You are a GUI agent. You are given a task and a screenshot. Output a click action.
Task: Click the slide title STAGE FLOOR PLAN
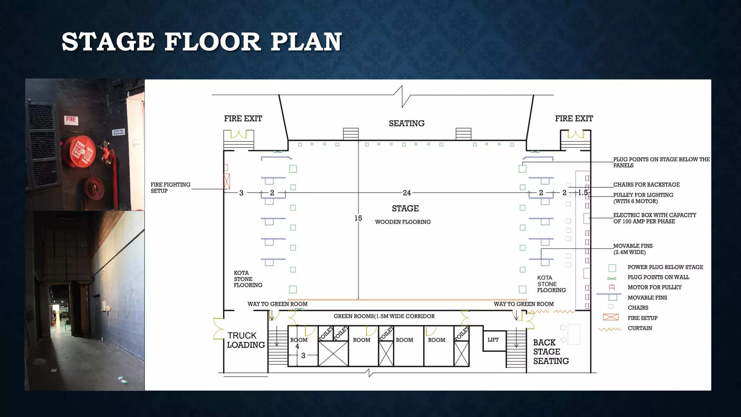coord(202,42)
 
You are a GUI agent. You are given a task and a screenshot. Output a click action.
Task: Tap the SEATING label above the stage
coord(407,123)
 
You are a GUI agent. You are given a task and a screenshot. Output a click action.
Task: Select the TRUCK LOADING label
coord(246,340)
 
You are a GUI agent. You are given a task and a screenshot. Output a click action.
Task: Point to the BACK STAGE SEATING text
coord(551,352)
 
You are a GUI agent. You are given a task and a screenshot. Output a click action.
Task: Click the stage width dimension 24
coord(407,193)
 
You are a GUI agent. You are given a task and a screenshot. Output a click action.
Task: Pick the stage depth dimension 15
coord(358,218)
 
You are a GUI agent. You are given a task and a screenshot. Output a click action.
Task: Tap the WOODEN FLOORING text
coord(403,222)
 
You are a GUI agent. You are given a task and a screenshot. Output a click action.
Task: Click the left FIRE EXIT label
coord(243,119)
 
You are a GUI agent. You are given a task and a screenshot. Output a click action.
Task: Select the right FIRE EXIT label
coord(574,119)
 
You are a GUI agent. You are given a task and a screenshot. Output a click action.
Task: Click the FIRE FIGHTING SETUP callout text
coord(170,188)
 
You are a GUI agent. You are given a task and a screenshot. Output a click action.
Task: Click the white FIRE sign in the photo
coord(71,119)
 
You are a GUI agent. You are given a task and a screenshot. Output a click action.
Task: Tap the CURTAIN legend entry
coord(640,328)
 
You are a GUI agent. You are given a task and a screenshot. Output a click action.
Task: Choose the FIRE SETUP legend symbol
coord(611,317)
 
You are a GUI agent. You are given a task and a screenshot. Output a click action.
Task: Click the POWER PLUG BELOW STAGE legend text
coord(665,267)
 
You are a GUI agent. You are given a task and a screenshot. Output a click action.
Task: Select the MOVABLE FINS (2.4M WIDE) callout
coord(633,249)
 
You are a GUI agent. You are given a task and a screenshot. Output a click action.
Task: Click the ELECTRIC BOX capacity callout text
coord(655,218)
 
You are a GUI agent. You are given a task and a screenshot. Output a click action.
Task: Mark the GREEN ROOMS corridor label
coord(384,316)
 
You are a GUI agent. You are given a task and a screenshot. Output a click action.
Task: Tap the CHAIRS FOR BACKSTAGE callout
coord(647,185)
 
